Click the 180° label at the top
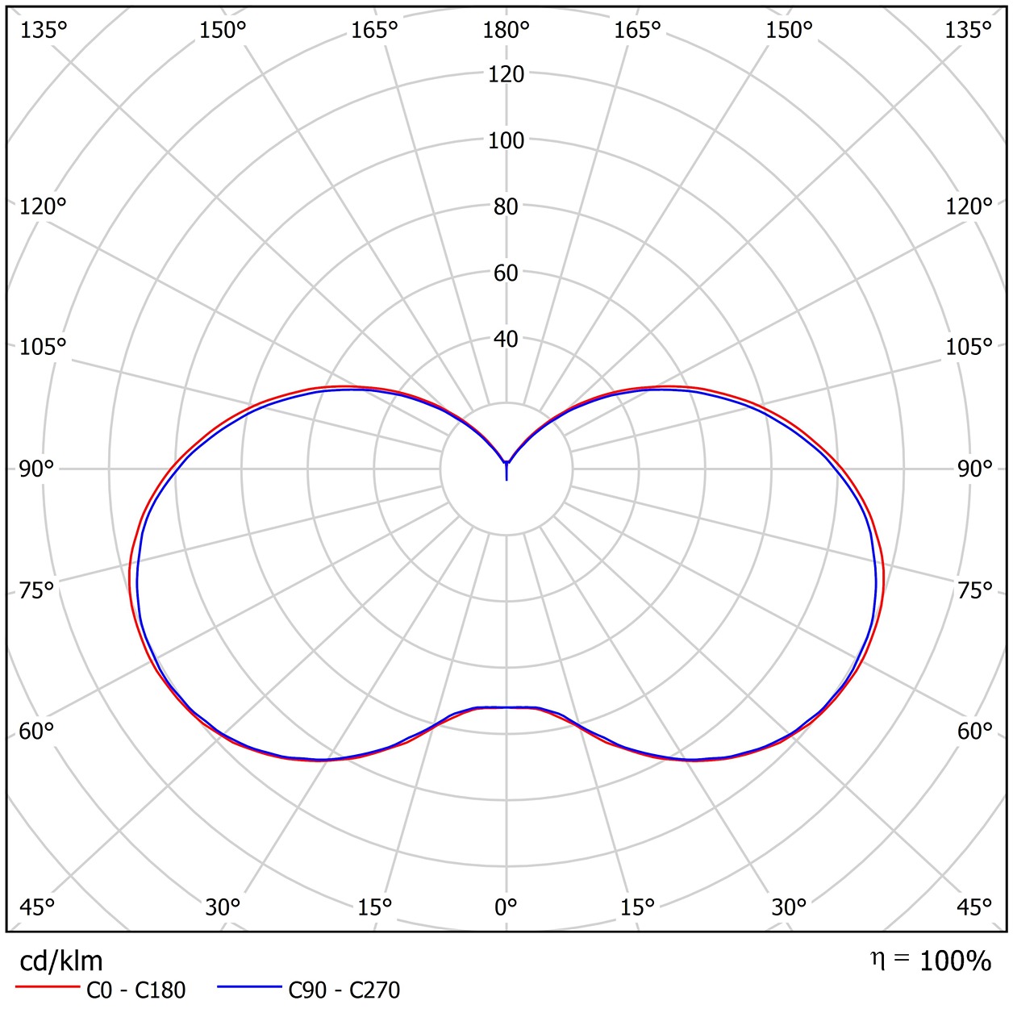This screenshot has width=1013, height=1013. (506, 31)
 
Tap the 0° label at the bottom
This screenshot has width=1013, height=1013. (506, 907)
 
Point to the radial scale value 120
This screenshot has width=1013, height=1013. (506, 74)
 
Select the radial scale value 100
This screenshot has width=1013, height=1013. (506, 140)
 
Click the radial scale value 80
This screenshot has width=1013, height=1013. (506, 206)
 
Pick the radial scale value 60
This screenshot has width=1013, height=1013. (506, 273)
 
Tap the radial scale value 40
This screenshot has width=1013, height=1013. (506, 340)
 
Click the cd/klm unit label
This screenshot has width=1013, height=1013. (61, 961)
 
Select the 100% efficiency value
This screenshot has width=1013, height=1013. (955, 961)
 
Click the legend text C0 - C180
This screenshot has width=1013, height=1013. (135, 990)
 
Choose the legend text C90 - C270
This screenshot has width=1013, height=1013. (344, 990)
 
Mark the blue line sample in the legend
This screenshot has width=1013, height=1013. (250, 987)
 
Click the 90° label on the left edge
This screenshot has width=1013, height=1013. (36, 469)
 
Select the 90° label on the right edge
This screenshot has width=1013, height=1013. (974, 469)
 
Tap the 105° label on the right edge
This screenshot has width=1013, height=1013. (969, 348)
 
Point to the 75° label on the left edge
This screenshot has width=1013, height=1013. (36, 591)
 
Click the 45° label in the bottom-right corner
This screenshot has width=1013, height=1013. (974, 907)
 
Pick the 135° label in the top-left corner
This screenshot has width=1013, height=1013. (43, 31)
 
